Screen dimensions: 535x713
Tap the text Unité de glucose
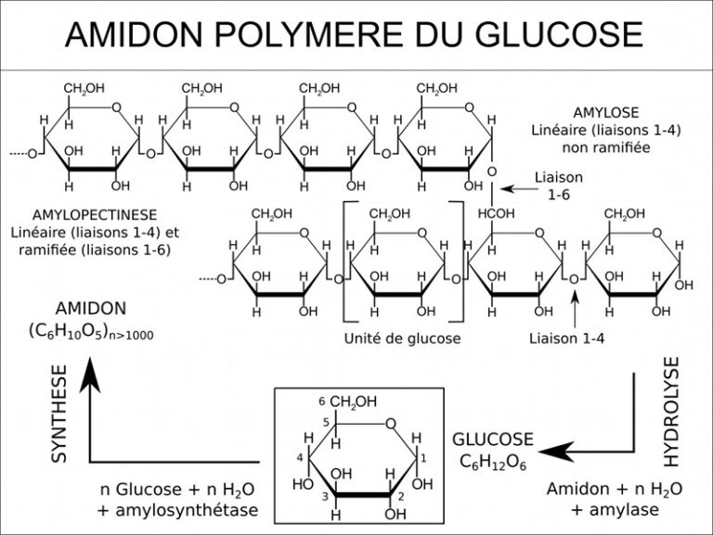click(402, 338)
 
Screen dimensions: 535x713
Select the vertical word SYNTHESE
click(59, 414)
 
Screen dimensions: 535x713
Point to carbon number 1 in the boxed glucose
click(423, 458)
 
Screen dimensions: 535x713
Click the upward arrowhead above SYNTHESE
click(89, 372)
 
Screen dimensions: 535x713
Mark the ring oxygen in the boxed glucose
click(392, 425)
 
